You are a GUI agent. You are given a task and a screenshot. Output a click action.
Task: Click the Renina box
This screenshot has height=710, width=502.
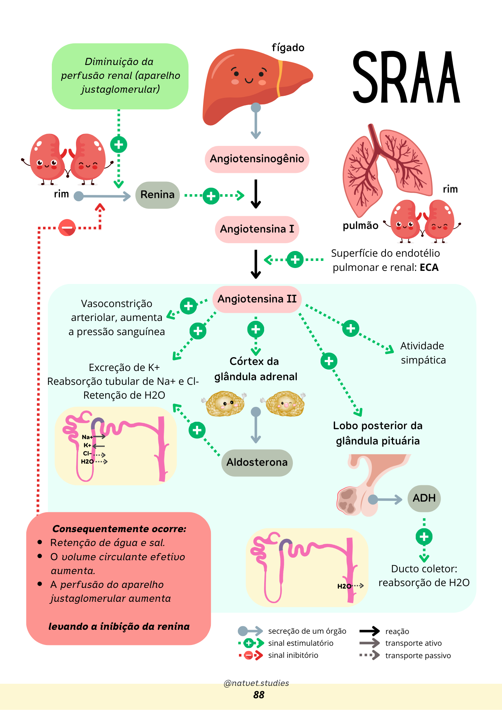(x=157, y=195)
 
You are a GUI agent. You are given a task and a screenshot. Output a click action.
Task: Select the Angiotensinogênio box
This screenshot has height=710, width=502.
(x=257, y=159)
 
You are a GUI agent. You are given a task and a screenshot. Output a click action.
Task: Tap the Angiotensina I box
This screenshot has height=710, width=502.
(x=257, y=229)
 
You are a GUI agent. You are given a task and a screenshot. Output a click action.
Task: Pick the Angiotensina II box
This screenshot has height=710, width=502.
(x=257, y=299)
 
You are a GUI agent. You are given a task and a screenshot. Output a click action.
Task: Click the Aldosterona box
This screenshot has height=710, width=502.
(x=257, y=463)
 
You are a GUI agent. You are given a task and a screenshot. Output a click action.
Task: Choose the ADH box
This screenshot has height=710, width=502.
(x=424, y=498)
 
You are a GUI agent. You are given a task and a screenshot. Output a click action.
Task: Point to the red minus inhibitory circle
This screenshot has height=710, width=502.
(x=67, y=228)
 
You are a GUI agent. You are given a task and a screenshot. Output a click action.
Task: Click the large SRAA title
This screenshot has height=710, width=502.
(x=406, y=77)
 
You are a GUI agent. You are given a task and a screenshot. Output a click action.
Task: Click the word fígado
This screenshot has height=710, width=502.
(x=288, y=48)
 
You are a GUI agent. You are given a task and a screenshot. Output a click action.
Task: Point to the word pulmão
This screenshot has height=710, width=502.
(x=360, y=226)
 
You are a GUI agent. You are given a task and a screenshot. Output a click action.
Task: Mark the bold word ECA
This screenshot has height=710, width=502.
(x=429, y=268)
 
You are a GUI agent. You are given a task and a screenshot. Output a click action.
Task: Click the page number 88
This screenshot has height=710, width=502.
(x=259, y=695)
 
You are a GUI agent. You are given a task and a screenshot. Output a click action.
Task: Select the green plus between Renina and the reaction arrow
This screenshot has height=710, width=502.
(x=211, y=196)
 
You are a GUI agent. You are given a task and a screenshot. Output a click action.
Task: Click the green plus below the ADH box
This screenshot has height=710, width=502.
(x=424, y=537)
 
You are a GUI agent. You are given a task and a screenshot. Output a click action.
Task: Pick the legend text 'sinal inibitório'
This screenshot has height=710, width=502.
(x=293, y=655)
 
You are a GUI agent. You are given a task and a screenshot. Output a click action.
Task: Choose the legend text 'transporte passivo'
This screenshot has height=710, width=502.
(x=418, y=656)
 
